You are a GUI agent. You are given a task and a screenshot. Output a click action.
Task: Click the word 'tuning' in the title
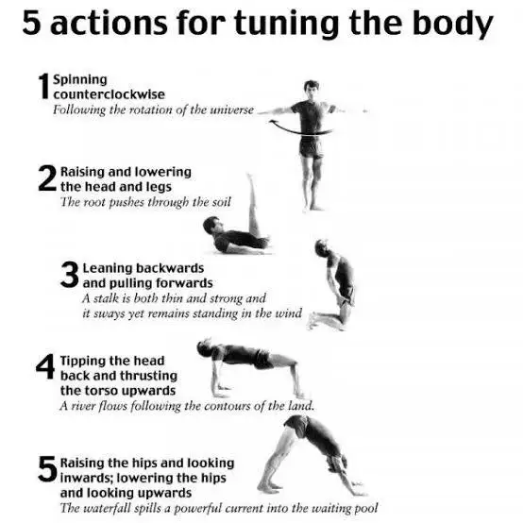pos(286,24)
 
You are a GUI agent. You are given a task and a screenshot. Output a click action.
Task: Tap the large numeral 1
pos(44,86)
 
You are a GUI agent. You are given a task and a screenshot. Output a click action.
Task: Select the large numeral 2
pos(47,178)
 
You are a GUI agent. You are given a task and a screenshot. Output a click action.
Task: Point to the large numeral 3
pos(70,275)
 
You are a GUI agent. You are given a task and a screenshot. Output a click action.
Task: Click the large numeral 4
pos(45,366)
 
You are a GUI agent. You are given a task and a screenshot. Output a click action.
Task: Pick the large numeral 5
pos(47,469)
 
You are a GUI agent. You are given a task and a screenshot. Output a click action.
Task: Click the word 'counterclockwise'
pos(110,94)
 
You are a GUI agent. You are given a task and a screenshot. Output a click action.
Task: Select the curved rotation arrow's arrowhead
pos(273,123)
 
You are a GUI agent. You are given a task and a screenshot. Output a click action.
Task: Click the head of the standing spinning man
pos(312,89)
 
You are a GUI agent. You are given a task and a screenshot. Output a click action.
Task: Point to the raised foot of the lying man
pos(249,177)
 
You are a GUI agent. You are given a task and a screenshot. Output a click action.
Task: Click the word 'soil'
pos(222,202)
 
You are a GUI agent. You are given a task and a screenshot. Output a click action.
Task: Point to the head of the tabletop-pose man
pos(204,348)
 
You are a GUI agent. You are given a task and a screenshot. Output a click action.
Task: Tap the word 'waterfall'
pos(105,508)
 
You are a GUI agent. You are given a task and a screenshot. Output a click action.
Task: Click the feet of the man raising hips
pos(268,487)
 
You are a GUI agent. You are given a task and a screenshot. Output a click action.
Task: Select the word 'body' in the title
pos(453,24)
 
